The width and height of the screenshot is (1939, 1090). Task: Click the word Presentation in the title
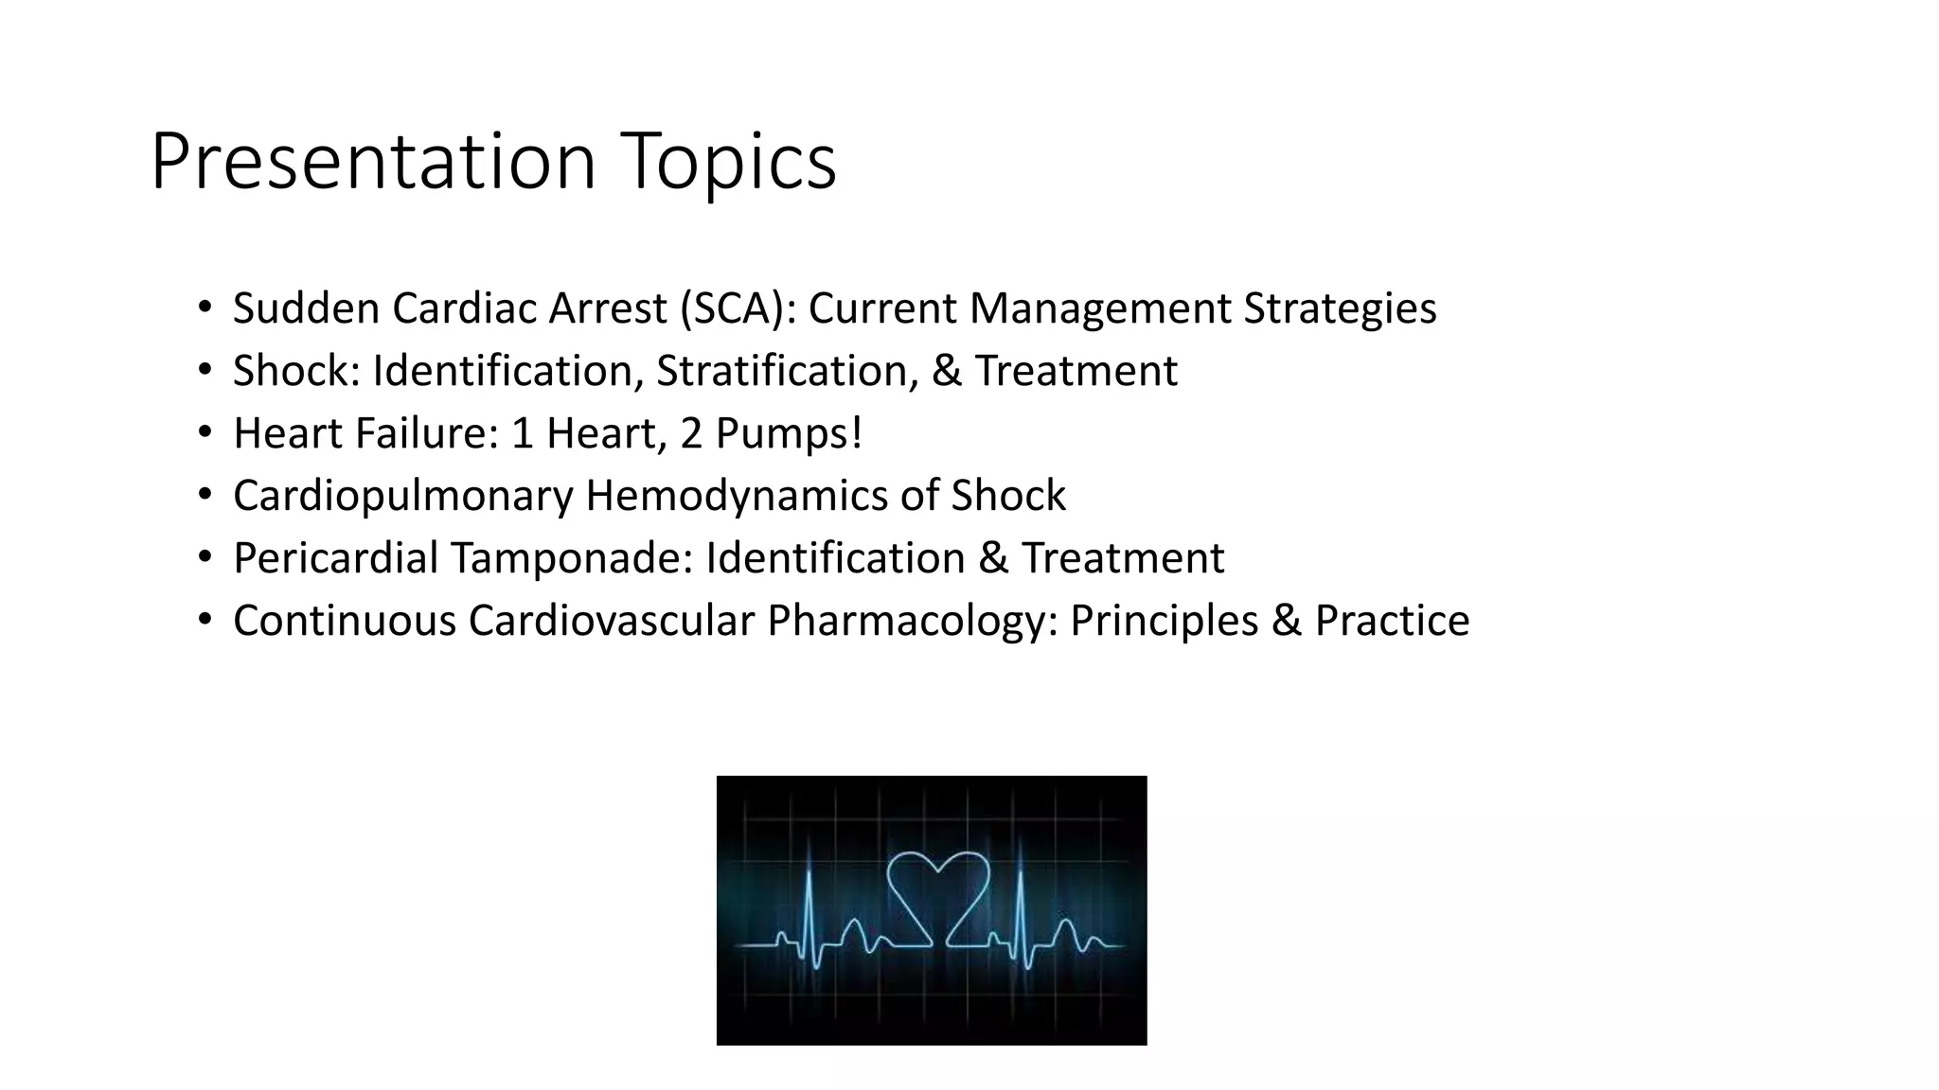[x=373, y=163]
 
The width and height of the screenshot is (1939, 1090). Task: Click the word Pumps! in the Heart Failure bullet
[x=789, y=433]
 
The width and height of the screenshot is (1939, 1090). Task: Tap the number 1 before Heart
[x=522, y=433]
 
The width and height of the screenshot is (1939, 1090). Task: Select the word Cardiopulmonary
[x=402, y=496]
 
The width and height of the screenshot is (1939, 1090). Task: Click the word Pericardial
[x=335, y=558]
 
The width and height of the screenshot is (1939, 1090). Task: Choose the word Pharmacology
[x=912, y=621]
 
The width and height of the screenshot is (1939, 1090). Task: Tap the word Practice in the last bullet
[x=1392, y=621]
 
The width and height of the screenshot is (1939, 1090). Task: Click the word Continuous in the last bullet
[x=345, y=621]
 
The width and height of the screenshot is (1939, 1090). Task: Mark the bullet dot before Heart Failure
[x=205, y=433]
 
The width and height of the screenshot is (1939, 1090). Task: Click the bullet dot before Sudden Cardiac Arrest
[x=205, y=308]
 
